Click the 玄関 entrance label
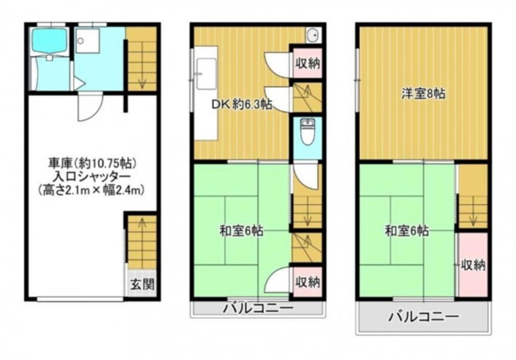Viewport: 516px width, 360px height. pyautogui.click(x=142, y=284)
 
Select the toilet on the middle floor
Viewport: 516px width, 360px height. pyautogui.click(x=308, y=132)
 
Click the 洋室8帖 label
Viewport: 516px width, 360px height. pyautogui.click(x=423, y=93)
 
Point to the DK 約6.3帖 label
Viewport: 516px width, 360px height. pyautogui.click(x=241, y=105)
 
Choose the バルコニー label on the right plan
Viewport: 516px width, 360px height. pyautogui.click(x=424, y=317)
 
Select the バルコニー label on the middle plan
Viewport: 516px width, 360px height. pyautogui.click(x=258, y=308)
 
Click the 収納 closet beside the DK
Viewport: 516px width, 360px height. pyautogui.click(x=308, y=63)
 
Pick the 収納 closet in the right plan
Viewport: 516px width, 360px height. pyautogui.click(x=473, y=265)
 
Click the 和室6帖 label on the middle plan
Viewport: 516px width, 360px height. pyautogui.click(x=241, y=231)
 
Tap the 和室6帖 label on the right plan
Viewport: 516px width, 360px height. pyautogui.click(x=407, y=231)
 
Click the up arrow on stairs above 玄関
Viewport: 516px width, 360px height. pyautogui.click(x=142, y=225)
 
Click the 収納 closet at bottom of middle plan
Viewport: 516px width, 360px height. pyautogui.click(x=308, y=282)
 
